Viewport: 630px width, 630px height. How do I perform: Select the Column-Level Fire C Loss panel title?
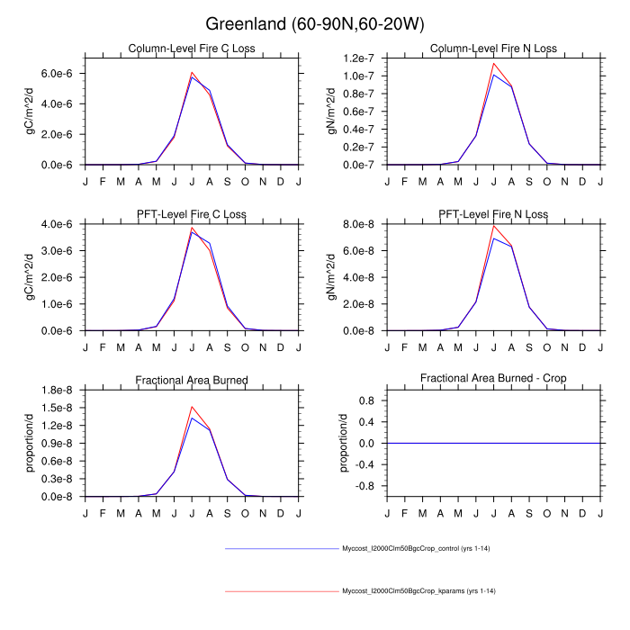(191, 49)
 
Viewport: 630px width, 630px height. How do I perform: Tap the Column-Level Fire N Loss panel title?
(493, 49)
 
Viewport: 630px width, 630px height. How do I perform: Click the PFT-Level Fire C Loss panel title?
(191, 214)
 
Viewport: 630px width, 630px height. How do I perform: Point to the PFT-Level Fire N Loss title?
(493, 214)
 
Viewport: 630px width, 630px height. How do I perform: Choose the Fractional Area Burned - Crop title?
(493, 380)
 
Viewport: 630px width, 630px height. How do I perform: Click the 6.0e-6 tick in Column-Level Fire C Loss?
(60, 73)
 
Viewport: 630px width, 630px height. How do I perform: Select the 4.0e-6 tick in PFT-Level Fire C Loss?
(60, 224)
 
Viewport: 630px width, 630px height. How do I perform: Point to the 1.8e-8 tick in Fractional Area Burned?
(60, 390)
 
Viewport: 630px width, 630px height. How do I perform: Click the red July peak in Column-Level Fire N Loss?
(493, 63)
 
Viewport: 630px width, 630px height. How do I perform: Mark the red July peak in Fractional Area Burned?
(192, 406)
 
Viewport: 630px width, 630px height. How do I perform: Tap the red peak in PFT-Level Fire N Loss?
(493, 225)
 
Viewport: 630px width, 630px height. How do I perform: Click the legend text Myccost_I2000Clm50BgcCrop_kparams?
(418, 591)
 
